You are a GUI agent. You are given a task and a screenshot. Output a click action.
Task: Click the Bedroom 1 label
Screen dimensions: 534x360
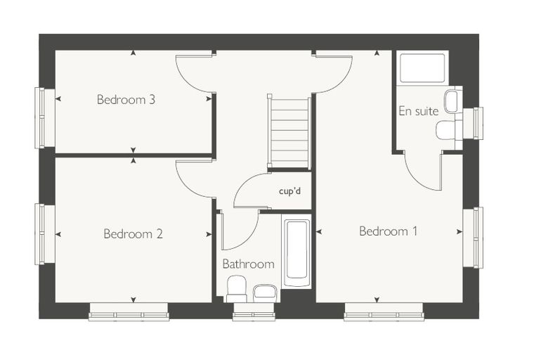(389, 231)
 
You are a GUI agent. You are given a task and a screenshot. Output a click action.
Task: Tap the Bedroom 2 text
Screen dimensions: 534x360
(133, 234)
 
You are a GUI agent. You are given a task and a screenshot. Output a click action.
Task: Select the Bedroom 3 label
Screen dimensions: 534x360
(126, 100)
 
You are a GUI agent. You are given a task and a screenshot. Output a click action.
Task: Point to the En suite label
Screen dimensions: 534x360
(419, 111)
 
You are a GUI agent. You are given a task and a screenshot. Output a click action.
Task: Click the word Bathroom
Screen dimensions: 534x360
(248, 264)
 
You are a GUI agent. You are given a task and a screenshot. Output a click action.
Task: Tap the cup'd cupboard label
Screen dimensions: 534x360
(289, 191)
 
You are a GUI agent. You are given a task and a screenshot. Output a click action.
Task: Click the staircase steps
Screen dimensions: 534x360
(289, 133)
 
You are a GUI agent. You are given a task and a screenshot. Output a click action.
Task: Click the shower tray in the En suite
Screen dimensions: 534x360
(422, 67)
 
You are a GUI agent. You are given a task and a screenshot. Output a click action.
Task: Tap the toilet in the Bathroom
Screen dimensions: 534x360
(237, 289)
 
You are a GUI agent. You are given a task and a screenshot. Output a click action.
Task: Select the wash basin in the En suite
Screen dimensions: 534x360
(453, 101)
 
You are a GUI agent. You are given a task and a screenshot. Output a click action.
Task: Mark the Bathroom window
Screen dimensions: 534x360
(254, 312)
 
